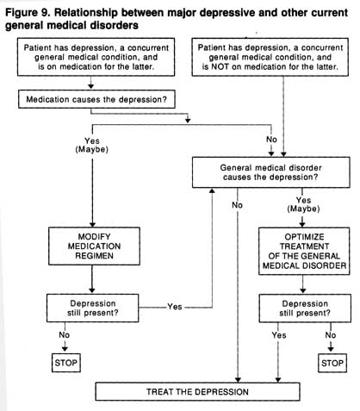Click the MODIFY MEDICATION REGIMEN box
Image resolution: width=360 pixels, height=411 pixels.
[94, 246]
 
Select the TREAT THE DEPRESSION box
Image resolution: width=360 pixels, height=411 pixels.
[197, 391]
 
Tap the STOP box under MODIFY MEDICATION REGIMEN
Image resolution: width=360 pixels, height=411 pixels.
[66, 363]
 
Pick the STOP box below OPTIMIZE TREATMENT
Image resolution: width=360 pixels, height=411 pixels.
[332, 363]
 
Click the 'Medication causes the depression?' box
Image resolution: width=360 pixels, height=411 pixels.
[96, 99]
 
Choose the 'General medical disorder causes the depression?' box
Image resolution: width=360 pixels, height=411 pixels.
[270, 172]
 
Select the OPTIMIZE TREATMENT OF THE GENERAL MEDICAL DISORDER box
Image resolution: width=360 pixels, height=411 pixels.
[304, 252]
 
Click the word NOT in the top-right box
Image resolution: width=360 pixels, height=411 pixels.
[220, 66]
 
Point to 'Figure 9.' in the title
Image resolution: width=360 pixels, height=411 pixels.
[27, 13]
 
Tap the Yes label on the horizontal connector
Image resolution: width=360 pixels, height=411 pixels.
[175, 307]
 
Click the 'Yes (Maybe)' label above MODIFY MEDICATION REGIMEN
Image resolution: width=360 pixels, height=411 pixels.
[92, 145]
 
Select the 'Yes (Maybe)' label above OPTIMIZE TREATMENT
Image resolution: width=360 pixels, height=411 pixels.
[303, 204]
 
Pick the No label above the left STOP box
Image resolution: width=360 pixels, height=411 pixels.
[65, 335]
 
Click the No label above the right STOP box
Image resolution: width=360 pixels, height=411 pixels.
[331, 335]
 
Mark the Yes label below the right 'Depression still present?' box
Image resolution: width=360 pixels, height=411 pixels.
[279, 335]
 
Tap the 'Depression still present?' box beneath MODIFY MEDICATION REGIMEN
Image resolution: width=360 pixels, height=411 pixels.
[93, 308]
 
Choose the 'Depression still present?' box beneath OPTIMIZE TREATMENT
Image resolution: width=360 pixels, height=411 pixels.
[305, 308]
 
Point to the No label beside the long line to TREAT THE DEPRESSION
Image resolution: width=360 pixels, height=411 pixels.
[237, 205]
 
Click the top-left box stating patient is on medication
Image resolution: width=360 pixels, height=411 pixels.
[96, 57]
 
